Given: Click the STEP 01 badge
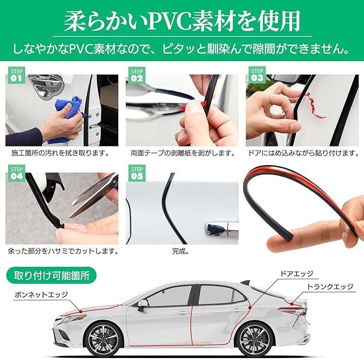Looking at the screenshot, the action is point(17,75).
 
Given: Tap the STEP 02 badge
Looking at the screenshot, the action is point(136,75).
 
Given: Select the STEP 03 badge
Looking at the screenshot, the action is point(257,75).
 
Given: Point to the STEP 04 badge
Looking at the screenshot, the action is point(17,173).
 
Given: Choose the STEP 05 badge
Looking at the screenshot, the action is point(136,173).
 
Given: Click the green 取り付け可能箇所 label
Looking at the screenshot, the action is point(51,276).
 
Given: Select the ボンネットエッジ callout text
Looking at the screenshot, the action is point(41,294).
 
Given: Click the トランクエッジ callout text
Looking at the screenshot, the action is point(330,287).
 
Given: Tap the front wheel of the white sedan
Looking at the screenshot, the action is point(103,340).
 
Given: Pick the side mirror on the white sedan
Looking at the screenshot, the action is point(143,304).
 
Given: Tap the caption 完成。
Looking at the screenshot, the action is point(180,251).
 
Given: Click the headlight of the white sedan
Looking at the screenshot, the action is point(68,319).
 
